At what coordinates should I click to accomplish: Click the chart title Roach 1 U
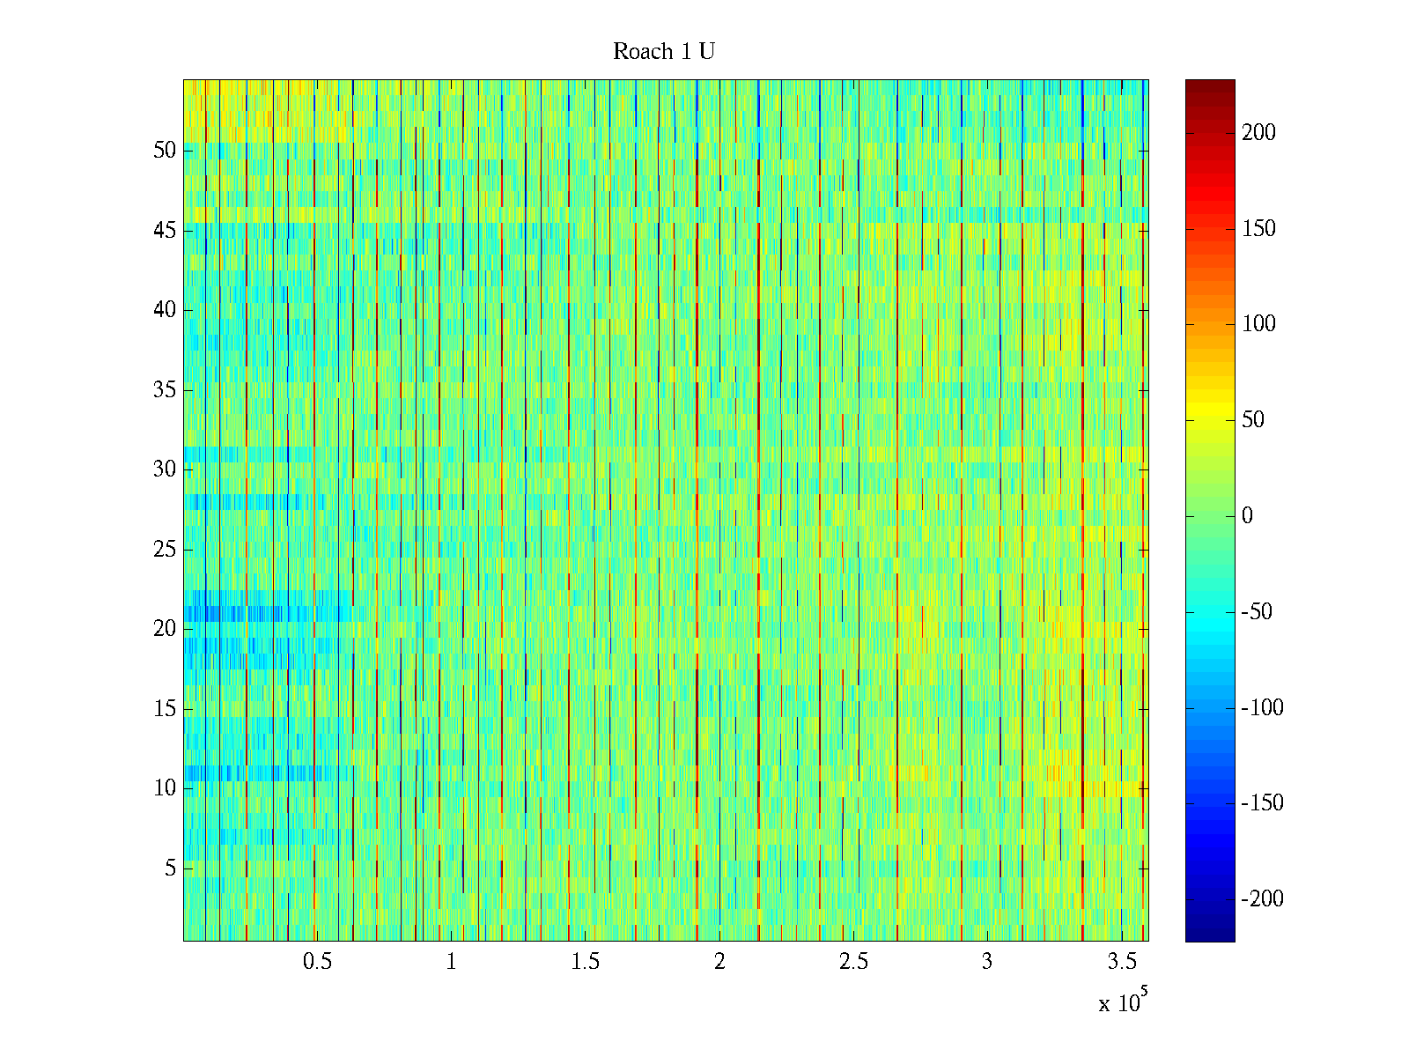point(663,52)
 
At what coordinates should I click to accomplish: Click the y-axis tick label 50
point(165,151)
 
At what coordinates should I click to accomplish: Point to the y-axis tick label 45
point(165,231)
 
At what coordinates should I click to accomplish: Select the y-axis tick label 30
point(165,469)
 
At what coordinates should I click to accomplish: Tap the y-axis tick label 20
point(165,629)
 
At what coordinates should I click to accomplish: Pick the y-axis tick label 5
point(170,869)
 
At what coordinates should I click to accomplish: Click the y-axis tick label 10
point(165,788)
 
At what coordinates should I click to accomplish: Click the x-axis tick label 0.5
point(317,962)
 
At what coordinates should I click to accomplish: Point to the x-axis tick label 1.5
point(586,962)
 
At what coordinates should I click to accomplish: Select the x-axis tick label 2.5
point(853,962)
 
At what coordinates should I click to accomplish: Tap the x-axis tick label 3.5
point(1122,962)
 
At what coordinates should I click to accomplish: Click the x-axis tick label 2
point(719,962)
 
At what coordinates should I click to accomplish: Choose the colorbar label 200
point(1258,133)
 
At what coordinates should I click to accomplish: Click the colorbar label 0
point(1247,516)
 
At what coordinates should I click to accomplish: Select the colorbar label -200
point(1262,899)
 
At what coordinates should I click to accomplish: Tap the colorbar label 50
point(1253,420)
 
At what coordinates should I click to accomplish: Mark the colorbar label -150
point(1262,803)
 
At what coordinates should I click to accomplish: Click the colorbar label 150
point(1258,229)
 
